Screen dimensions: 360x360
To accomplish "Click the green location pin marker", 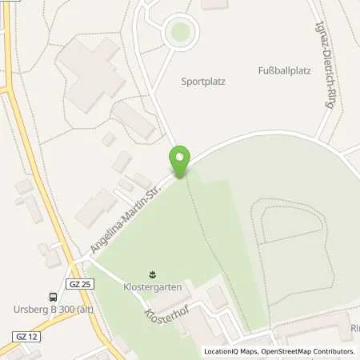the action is click(180, 160).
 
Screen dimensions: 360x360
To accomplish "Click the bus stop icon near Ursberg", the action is click(52, 295).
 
